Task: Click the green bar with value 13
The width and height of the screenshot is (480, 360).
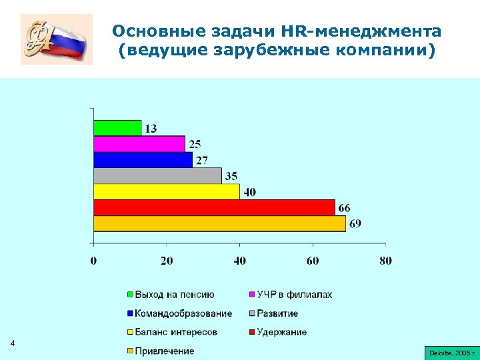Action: tap(117, 127)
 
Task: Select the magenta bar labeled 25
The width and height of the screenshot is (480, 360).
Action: tap(139, 143)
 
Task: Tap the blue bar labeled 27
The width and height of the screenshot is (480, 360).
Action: tap(143, 159)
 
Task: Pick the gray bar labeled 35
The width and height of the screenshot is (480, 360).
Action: tap(157, 175)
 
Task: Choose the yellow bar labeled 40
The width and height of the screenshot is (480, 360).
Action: tap(167, 191)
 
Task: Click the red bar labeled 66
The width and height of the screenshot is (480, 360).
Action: tap(214, 207)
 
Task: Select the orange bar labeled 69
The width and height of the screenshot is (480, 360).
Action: tap(219, 223)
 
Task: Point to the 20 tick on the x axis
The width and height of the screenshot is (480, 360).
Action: tap(167, 260)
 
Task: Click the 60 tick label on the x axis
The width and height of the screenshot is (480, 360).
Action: tap(313, 260)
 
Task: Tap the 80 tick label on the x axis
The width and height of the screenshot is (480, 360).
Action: tap(385, 260)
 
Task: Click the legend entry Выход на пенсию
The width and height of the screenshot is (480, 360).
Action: tap(174, 295)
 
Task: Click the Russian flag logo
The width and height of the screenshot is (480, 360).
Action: tap(57, 41)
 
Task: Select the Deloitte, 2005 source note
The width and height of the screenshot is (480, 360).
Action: tap(450, 351)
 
